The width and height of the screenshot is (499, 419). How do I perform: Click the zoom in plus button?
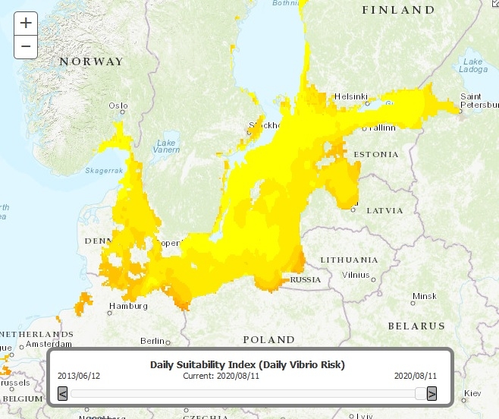pos(26,23)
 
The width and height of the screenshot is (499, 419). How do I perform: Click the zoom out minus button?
pos(26,46)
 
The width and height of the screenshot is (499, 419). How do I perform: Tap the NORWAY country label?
pos(91,61)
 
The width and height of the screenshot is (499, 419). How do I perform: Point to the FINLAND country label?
pos(398,10)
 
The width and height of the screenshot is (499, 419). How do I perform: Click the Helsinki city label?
pos(350,96)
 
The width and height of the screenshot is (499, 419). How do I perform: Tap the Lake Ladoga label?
pos(472,66)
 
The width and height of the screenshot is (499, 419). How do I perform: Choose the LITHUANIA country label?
pos(349,260)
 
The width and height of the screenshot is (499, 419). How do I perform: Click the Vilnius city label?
pos(355,274)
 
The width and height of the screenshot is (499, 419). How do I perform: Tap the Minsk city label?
pos(424,295)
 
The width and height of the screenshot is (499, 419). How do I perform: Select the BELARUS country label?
pos(416,326)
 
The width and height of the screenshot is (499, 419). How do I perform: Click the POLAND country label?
pos(268,339)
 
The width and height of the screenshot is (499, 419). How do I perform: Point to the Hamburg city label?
pos(127,307)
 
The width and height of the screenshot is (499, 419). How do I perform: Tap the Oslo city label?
pos(118,106)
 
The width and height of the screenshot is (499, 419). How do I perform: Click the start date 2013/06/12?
pos(79,375)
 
